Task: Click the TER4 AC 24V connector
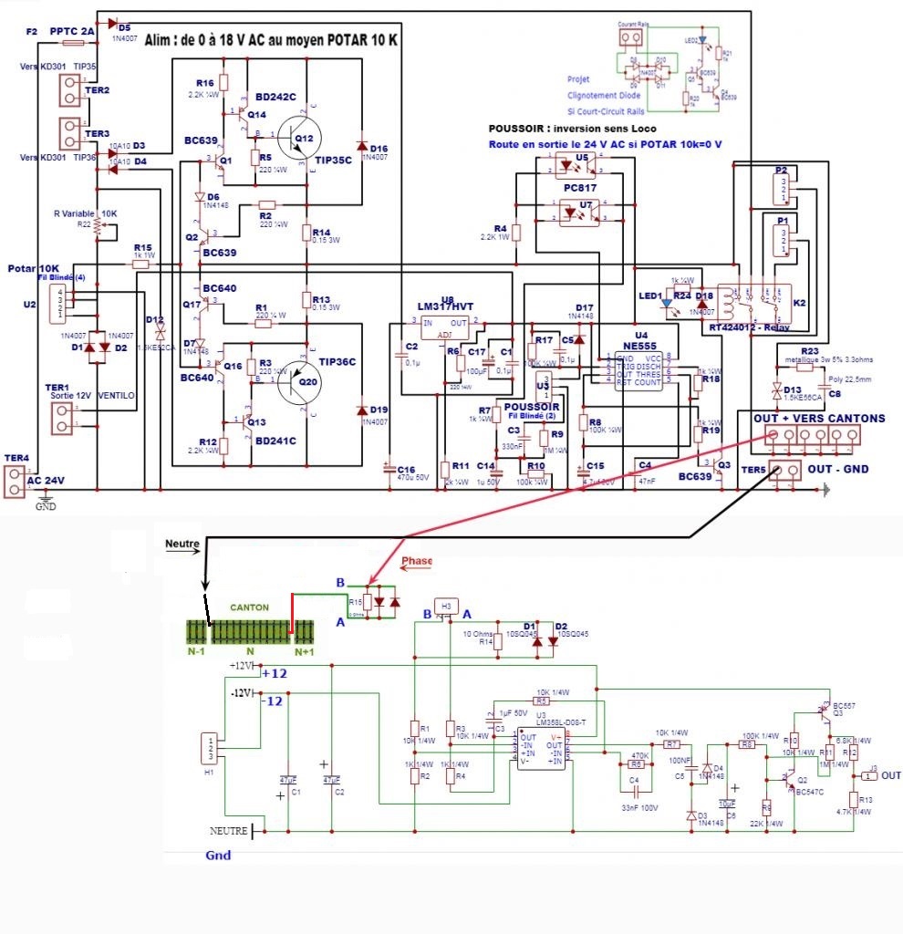click(15, 482)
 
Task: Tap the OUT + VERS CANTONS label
click(818, 418)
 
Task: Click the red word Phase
click(418, 560)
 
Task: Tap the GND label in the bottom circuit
click(218, 856)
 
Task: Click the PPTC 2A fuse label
click(71, 31)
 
